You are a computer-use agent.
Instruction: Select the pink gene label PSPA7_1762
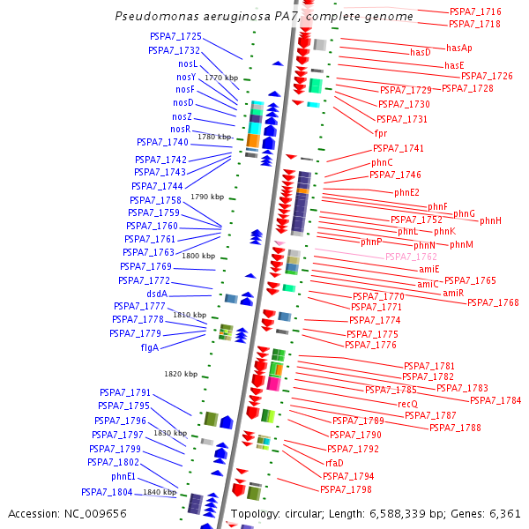411,257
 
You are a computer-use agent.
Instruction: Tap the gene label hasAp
459,48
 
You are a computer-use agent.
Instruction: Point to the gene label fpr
381,133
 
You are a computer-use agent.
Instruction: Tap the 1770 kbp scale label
221,78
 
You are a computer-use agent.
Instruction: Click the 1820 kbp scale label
181,374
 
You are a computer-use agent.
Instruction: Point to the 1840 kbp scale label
160,492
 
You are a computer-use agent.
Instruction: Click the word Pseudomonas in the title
150,17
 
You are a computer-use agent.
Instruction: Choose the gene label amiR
453,293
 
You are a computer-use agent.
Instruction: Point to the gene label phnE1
123,476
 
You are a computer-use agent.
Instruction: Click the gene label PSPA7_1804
107,492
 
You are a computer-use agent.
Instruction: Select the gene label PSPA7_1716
475,11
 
